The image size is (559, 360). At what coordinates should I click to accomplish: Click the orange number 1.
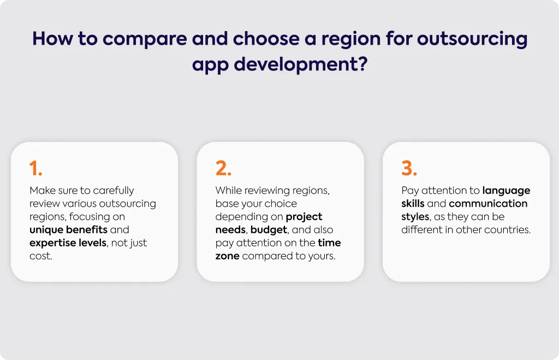point(35,168)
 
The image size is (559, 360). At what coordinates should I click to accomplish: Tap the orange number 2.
point(223,168)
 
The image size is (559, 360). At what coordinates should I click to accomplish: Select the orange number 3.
point(409,168)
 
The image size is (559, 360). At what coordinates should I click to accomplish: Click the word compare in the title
point(145,39)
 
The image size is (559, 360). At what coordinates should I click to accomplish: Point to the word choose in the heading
point(266,39)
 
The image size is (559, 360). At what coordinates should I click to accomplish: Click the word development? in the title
point(301,65)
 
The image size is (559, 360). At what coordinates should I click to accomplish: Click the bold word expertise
point(50,243)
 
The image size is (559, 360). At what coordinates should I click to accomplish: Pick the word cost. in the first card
point(40,256)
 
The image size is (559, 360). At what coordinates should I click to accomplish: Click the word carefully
point(114,191)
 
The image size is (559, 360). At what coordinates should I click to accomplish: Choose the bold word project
point(304,217)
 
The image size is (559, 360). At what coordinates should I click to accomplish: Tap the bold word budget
point(269,230)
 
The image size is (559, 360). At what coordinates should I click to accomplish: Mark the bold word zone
point(228,256)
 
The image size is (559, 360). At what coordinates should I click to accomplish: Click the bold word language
point(506,191)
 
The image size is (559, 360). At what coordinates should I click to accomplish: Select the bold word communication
point(488,203)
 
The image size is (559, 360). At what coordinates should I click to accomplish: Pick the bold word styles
point(415,217)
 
